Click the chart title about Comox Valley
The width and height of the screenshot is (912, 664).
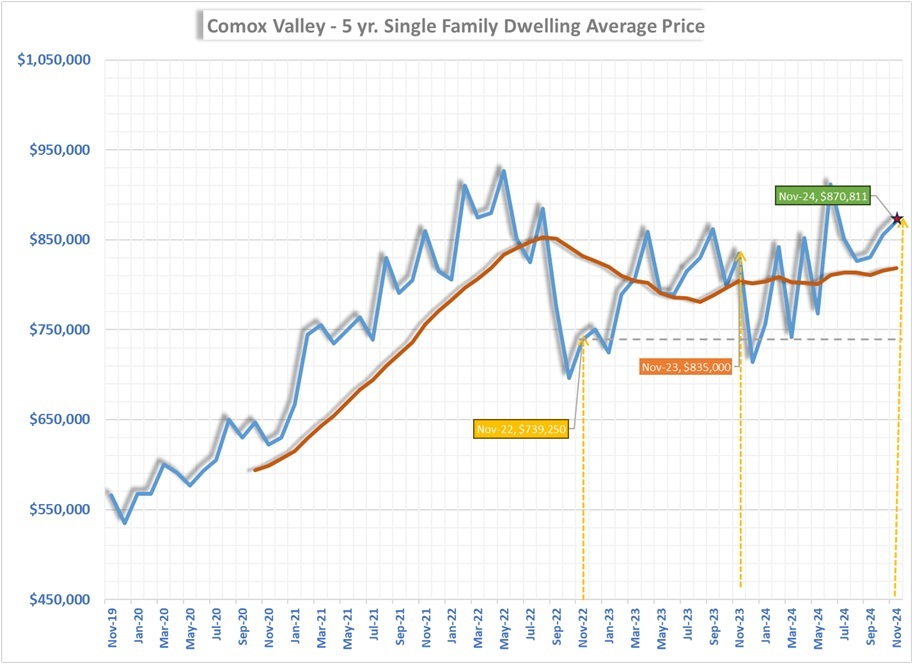454,26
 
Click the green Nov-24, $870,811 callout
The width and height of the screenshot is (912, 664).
823,196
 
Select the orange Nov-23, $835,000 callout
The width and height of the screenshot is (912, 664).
686,368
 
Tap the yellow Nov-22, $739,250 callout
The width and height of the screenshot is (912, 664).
522,429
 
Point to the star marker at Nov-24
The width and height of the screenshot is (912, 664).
897,218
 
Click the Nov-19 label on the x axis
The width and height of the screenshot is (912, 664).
113,626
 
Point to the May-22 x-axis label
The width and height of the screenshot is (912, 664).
503,626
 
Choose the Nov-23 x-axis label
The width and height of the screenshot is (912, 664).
739,626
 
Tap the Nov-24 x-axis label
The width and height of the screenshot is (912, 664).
896,626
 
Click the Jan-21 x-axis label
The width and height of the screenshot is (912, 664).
295,626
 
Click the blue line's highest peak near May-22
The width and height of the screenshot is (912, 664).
503,171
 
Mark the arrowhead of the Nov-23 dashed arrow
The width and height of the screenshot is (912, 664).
740,254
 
